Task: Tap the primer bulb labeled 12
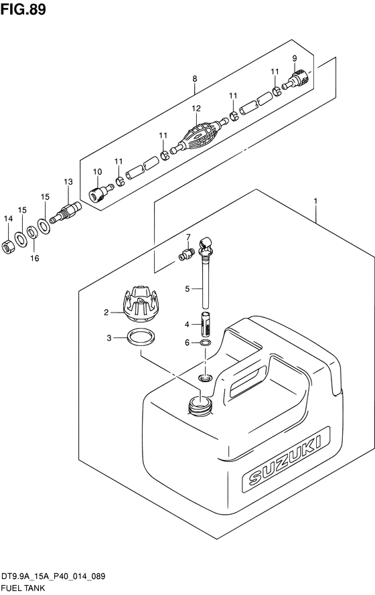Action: [200, 135]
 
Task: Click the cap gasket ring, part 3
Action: [141, 337]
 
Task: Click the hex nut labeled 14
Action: [8, 247]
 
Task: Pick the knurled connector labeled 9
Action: [296, 78]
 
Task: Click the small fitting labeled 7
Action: [186, 254]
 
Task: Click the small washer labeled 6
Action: [206, 343]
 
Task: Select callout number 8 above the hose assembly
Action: [195, 79]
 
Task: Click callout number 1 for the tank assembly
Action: [315, 201]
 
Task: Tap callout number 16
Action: [35, 258]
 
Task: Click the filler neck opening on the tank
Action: [200, 404]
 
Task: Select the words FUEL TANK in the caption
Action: [23, 588]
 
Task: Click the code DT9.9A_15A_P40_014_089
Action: [53, 577]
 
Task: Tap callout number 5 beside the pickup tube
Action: [187, 288]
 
